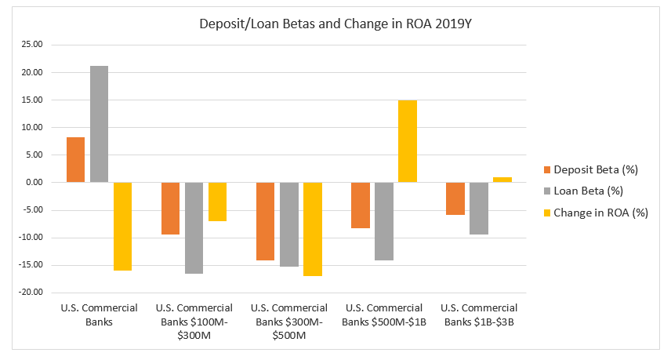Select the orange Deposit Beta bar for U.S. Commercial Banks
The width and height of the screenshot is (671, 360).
pyautogui.click(x=75, y=160)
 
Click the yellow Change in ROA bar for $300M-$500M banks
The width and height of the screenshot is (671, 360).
pyautogui.click(x=312, y=229)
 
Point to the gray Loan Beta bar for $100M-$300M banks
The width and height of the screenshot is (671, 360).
pyautogui.click(x=194, y=227)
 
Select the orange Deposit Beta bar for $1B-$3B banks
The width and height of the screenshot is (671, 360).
pyautogui.click(x=455, y=198)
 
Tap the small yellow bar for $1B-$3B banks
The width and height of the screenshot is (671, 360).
pyautogui.click(x=502, y=180)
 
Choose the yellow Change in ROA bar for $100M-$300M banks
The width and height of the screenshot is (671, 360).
pyautogui.click(x=217, y=202)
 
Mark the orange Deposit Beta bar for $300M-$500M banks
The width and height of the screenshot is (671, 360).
pyautogui.click(x=265, y=221)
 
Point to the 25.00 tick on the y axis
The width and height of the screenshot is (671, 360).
pyautogui.click(x=32, y=45)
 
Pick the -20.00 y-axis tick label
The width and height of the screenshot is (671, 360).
pyautogui.click(x=31, y=293)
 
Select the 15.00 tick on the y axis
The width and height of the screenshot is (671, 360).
pyautogui.click(x=32, y=100)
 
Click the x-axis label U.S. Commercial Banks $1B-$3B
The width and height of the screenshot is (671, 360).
pyautogui.click(x=480, y=315)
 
